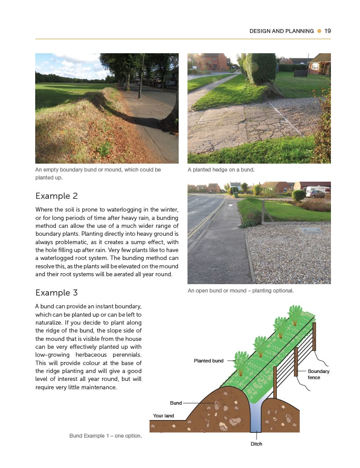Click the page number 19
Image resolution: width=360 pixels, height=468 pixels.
pyautogui.click(x=327, y=31)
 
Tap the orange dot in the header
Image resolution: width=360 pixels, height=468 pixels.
pyautogui.click(x=319, y=31)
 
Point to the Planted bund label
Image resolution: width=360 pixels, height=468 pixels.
pyautogui.click(x=209, y=361)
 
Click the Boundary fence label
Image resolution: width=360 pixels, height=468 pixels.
pyautogui.click(x=318, y=374)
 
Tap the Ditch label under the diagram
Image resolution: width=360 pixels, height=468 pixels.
pyautogui.click(x=256, y=444)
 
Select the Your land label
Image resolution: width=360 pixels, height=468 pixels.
pyautogui.click(x=163, y=416)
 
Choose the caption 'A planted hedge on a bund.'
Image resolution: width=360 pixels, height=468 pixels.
pyautogui.click(x=221, y=170)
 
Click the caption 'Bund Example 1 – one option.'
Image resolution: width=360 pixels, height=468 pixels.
pyautogui.click(x=105, y=436)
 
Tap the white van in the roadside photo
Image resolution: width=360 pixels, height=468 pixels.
pyautogui.click(x=317, y=190)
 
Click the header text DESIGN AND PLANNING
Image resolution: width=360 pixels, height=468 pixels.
pyautogui.click(x=281, y=31)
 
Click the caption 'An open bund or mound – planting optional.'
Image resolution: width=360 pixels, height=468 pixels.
pyautogui.click(x=240, y=291)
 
